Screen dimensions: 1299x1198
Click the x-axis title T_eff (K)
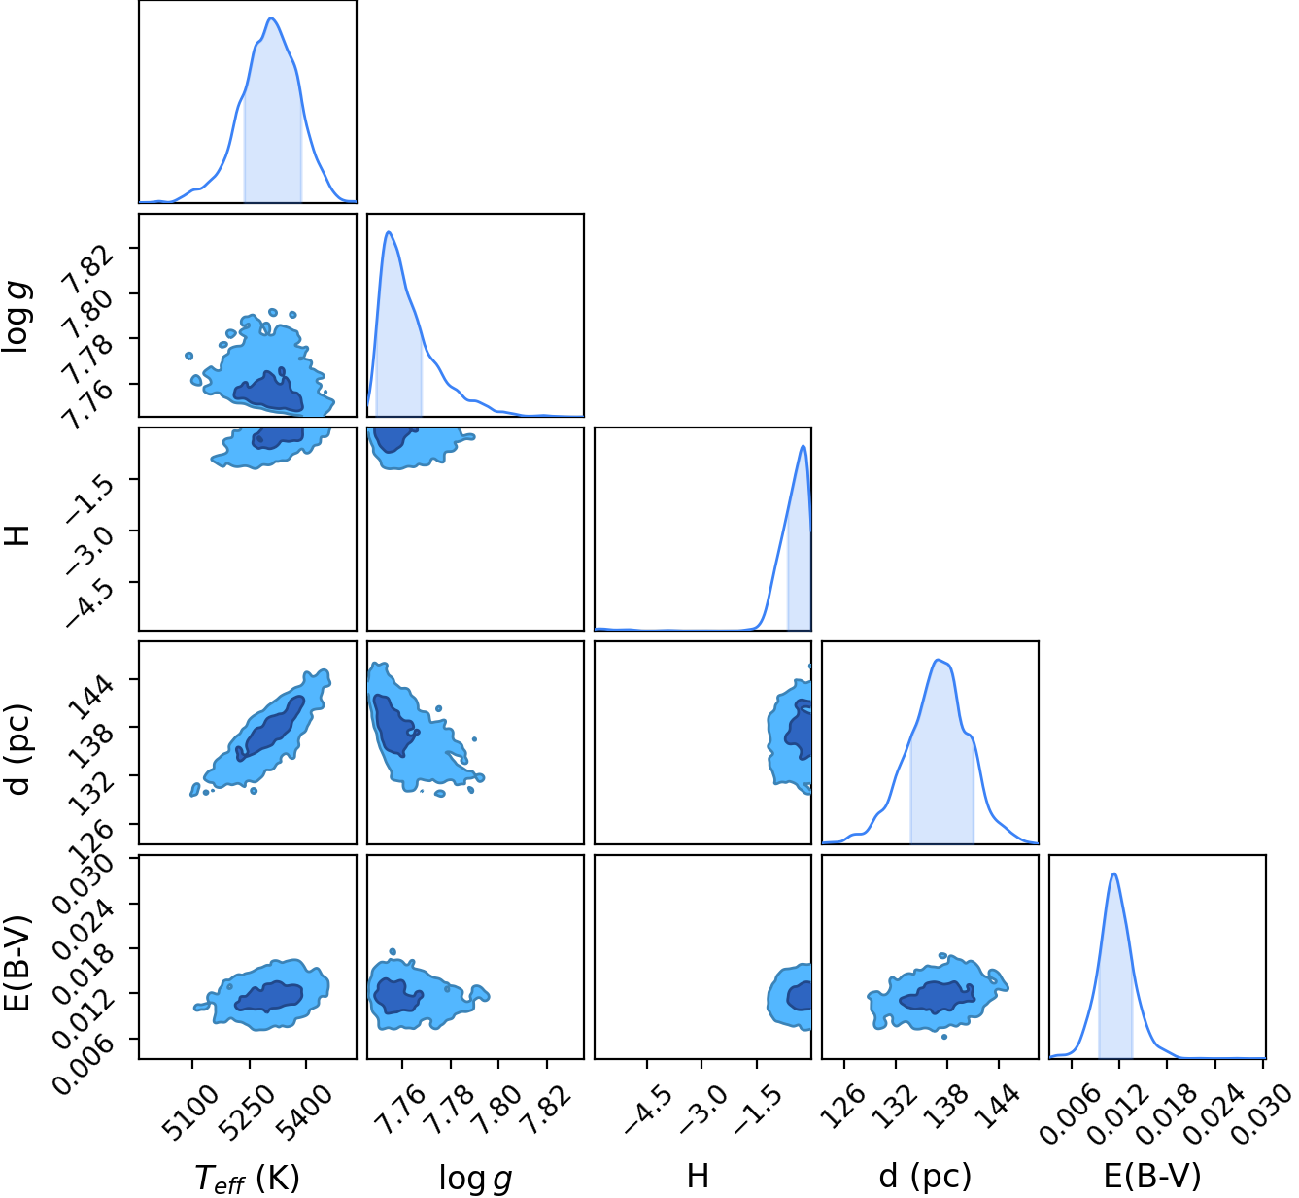tap(247, 1161)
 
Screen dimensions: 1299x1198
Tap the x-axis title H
tap(699, 1159)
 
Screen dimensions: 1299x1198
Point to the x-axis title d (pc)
tap(925, 1160)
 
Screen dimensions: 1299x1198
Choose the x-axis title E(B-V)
tap(1152, 1160)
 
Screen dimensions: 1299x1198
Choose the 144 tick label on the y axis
tap(92, 698)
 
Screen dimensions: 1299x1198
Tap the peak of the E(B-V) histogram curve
tap(1113, 874)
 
